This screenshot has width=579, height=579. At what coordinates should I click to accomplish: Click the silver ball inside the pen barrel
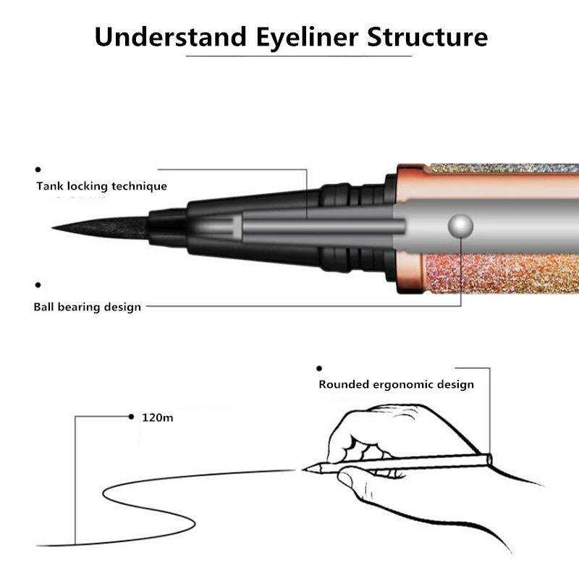pos(460,225)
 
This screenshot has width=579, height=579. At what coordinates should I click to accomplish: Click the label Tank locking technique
pos(102,186)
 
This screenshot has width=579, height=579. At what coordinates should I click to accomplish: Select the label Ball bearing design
pos(88,306)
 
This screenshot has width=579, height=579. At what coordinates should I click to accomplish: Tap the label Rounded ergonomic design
pos(396,384)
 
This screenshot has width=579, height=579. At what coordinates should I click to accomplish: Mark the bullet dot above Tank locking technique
pos(38,169)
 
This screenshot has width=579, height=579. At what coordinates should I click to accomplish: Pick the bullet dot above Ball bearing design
pos(38,286)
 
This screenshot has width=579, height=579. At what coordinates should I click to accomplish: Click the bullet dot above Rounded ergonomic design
pos(319,368)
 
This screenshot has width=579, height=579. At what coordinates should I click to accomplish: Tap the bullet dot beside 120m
pos(131,417)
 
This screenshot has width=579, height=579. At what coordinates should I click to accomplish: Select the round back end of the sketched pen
pos(490,458)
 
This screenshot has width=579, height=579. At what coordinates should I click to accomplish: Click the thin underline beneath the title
pos(298,56)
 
